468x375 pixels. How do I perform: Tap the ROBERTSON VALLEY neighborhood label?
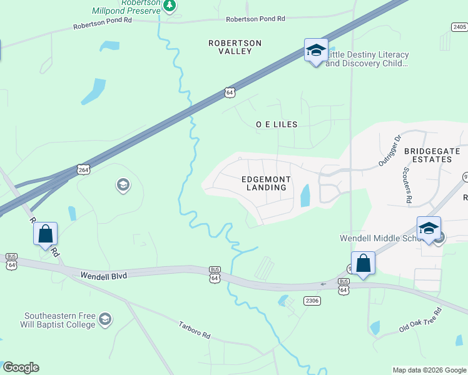(x=235, y=47)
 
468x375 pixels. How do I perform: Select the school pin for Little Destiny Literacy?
(x=316, y=51)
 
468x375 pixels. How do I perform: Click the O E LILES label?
(x=277, y=124)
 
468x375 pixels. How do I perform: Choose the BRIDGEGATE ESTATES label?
(x=432, y=155)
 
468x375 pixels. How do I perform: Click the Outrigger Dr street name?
(x=389, y=150)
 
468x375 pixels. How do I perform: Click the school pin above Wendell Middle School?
(x=429, y=228)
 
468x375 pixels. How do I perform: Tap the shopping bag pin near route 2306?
(x=364, y=263)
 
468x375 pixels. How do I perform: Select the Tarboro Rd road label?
(x=195, y=329)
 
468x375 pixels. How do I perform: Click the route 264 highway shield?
(x=83, y=169)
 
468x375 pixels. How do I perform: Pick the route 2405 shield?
(x=459, y=26)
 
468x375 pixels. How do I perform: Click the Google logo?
(x=21, y=367)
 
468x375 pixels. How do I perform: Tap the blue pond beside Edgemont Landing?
(x=305, y=196)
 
